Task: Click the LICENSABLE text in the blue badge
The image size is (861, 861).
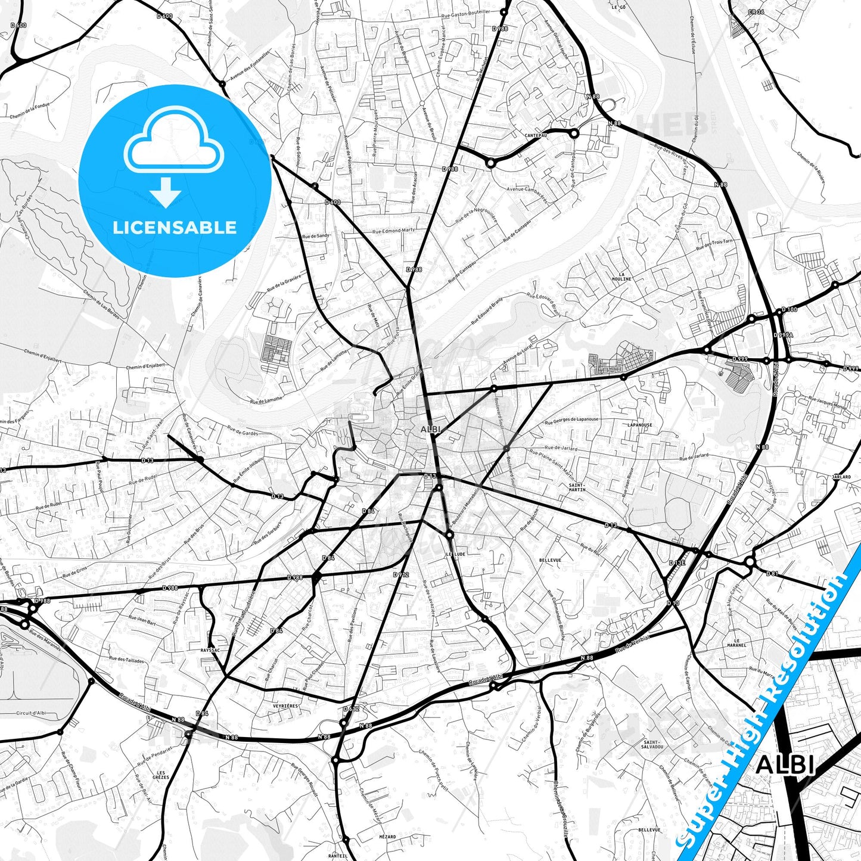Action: click(x=175, y=228)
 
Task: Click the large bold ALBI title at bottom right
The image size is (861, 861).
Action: click(x=785, y=765)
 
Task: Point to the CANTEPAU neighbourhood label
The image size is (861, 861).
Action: click(x=536, y=135)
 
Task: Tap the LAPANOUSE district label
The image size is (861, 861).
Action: click(x=640, y=425)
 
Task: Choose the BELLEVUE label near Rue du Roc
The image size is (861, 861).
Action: click(x=550, y=561)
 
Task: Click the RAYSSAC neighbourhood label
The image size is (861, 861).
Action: click(x=210, y=651)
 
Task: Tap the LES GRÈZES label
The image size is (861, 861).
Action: click(x=161, y=775)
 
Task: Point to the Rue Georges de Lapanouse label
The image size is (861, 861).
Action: click(x=571, y=419)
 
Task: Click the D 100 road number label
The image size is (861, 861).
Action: click(x=789, y=310)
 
